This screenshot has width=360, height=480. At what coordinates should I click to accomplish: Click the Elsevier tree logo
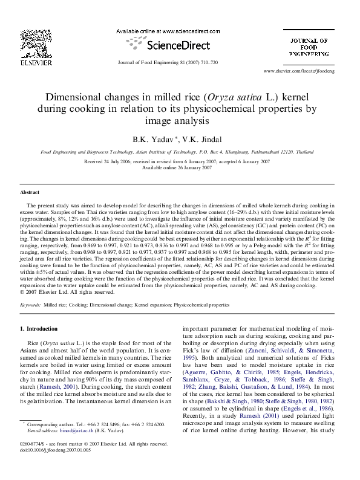tap(28, 41)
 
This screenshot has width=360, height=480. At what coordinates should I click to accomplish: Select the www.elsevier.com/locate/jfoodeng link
tap(308, 71)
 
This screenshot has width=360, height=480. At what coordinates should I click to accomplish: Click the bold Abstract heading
tap(30, 192)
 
